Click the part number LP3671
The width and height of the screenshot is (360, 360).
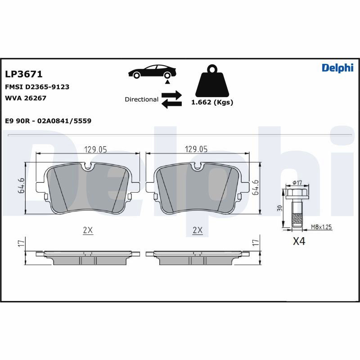[24, 74]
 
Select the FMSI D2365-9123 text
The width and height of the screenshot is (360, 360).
[37, 87]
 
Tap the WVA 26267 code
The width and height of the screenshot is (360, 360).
[26, 98]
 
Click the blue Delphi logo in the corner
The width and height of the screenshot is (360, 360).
[337, 68]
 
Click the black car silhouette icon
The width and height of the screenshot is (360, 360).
[152, 72]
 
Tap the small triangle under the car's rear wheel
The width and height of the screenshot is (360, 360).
[167, 81]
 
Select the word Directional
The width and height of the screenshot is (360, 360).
[141, 99]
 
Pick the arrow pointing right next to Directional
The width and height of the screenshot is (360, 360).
[171, 95]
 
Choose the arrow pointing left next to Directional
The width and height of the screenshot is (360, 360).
[171, 104]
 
